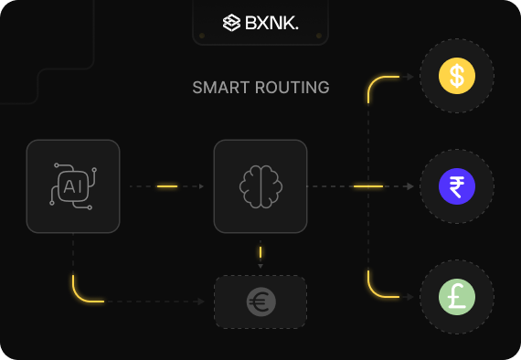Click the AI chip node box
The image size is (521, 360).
click(x=73, y=185)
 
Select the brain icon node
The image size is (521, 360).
click(x=260, y=185)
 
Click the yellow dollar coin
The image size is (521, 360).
click(x=457, y=76)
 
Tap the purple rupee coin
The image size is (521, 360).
click(x=457, y=186)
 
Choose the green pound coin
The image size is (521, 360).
click(x=457, y=297)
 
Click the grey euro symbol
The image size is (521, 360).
click(x=260, y=302)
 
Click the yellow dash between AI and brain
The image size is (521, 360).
click(x=167, y=186)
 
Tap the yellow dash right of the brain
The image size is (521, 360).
click(x=368, y=186)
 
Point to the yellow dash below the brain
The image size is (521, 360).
click(x=260, y=251)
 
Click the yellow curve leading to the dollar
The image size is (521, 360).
click(x=376, y=83)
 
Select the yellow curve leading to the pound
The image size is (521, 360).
click(x=376, y=290)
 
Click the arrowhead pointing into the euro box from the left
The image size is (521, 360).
click(x=201, y=302)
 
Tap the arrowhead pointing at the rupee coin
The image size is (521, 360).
click(x=410, y=186)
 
